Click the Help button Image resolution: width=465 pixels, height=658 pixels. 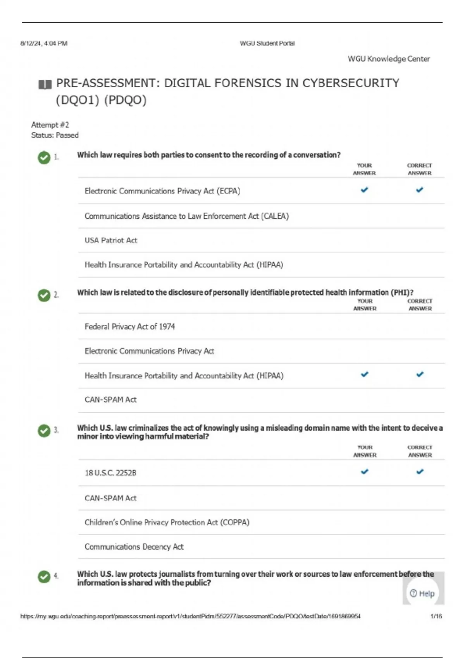[x=423, y=593]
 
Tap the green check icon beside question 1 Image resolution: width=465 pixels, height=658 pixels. [x=44, y=158]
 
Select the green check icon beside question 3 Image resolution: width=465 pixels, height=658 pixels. [x=44, y=430]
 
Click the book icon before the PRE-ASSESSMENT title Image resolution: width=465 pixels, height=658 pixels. [x=45, y=84]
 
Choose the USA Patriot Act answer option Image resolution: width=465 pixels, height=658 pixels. [x=111, y=240]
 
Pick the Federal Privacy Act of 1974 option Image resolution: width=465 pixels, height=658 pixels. [x=130, y=327]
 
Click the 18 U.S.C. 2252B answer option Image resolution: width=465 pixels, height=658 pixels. [x=110, y=473]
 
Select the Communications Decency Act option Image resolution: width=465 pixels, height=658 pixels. [x=134, y=547]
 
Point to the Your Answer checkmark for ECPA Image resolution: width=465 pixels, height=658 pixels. [x=364, y=190]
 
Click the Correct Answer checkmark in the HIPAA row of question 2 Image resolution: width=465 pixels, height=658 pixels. [x=420, y=374]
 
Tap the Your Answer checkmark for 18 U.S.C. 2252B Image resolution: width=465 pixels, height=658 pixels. [x=365, y=471]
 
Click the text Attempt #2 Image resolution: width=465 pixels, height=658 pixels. [x=50, y=125]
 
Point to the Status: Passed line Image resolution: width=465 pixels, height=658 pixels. [x=55, y=135]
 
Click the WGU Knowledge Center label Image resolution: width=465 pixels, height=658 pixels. [x=389, y=59]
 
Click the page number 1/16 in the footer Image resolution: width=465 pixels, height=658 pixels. [x=436, y=616]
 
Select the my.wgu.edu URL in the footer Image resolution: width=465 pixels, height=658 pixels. [x=190, y=616]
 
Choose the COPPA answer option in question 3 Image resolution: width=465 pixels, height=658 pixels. [x=167, y=522]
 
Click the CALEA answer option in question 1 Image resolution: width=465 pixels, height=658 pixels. [x=187, y=216]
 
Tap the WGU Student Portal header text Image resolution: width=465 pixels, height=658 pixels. [x=267, y=43]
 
